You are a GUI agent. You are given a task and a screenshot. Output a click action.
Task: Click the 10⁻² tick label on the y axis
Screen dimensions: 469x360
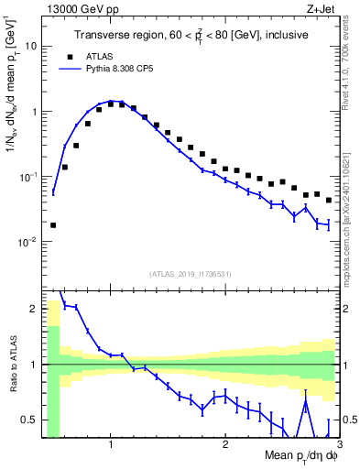(x=27, y=242)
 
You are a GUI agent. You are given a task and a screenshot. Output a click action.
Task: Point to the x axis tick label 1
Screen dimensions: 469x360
(x=111, y=445)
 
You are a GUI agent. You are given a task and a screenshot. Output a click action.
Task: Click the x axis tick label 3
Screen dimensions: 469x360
(x=338, y=445)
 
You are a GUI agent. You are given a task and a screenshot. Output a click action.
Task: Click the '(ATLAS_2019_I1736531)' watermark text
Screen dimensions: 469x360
(x=191, y=274)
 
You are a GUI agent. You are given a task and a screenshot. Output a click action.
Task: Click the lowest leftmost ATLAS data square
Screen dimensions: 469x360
(x=53, y=224)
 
